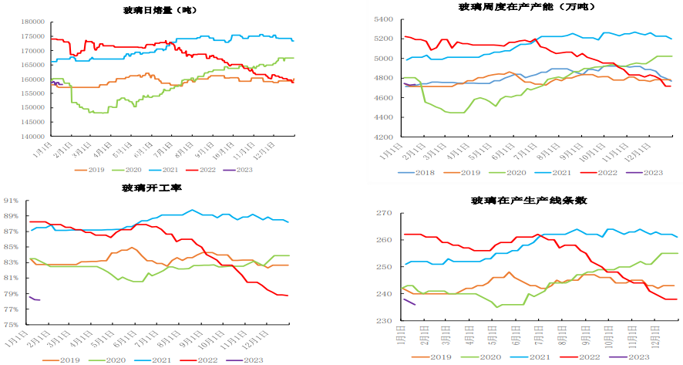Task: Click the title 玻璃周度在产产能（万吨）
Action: (508, 7)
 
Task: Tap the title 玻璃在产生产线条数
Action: (530, 201)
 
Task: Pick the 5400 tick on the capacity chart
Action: (385, 19)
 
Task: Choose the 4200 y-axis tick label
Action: (385, 137)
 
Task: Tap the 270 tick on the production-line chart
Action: (387, 213)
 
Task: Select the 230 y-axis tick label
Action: (387, 320)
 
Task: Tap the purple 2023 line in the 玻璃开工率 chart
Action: (33, 299)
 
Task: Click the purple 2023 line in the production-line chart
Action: (409, 302)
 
